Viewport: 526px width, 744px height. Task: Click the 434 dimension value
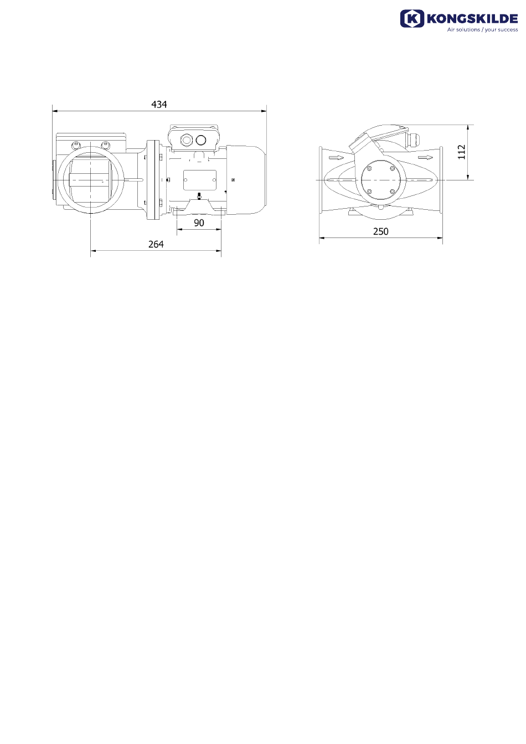pos(159,104)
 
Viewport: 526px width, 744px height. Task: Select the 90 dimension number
pos(199,223)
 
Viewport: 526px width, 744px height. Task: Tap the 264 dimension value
pos(156,245)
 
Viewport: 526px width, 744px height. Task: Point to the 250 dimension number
pos(380,231)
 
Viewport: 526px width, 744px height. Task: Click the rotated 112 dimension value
pos(462,152)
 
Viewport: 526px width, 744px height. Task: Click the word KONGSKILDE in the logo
pos(472,19)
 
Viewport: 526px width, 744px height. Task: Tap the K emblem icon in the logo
pos(412,18)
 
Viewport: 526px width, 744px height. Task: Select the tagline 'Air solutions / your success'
pos(482,29)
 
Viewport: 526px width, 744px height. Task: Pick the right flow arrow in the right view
pos(425,157)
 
